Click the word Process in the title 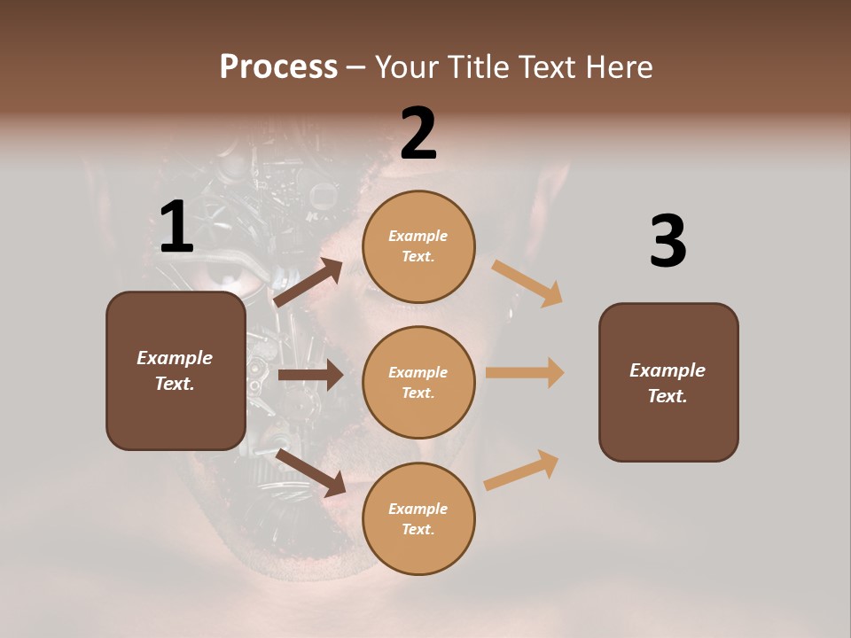pyautogui.click(x=278, y=66)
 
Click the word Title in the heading pyautogui.click(x=480, y=66)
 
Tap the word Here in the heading pyautogui.click(x=619, y=66)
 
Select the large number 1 pyautogui.click(x=176, y=228)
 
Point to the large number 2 pyautogui.click(x=418, y=134)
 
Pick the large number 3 pyautogui.click(x=668, y=241)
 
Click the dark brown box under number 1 pyautogui.click(x=176, y=370)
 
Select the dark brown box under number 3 pyautogui.click(x=668, y=383)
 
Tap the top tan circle pyautogui.click(x=418, y=246)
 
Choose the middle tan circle pyautogui.click(x=418, y=382)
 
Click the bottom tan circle pyautogui.click(x=418, y=518)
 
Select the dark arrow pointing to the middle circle pyautogui.click(x=310, y=375)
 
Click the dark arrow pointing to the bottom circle pyautogui.click(x=311, y=472)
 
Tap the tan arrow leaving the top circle pyautogui.click(x=527, y=284)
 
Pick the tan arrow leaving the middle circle pyautogui.click(x=525, y=372)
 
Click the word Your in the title pyautogui.click(x=406, y=66)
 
